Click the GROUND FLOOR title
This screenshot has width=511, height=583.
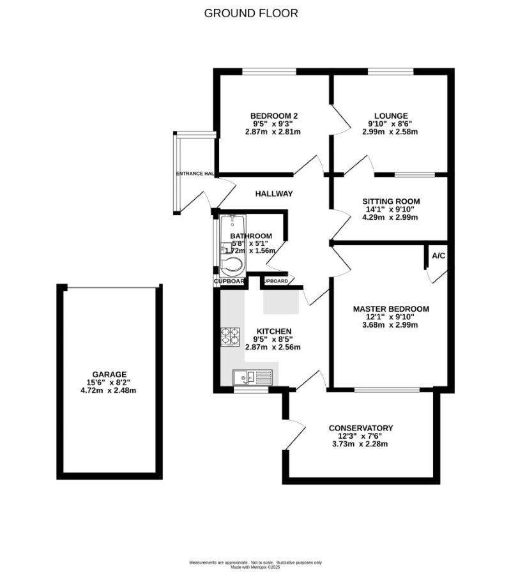pyautogui.click(x=251, y=13)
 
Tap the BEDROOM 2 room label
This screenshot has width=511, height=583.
pyautogui.click(x=273, y=116)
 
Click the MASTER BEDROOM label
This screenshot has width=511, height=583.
pyautogui.click(x=391, y=309)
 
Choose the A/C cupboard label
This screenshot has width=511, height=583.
pyautogui.click(x=438, y=255)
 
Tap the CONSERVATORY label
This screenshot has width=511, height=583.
pyautogui.click(x=361, y=428)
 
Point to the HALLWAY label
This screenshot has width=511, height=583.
pyautogui.click(x=274, y=193)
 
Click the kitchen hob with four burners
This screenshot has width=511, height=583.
pyautogui.click(x=230, y=336)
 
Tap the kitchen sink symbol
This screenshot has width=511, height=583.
pyautogui.click(x=252, y=377)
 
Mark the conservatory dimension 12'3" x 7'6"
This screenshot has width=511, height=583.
pyautogui.click(x=361, y=436)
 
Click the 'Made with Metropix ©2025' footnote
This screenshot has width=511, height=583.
pyautogui.click(x=256, y=566)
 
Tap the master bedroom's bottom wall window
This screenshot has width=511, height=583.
pyautogui.click(x=387, y=389)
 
